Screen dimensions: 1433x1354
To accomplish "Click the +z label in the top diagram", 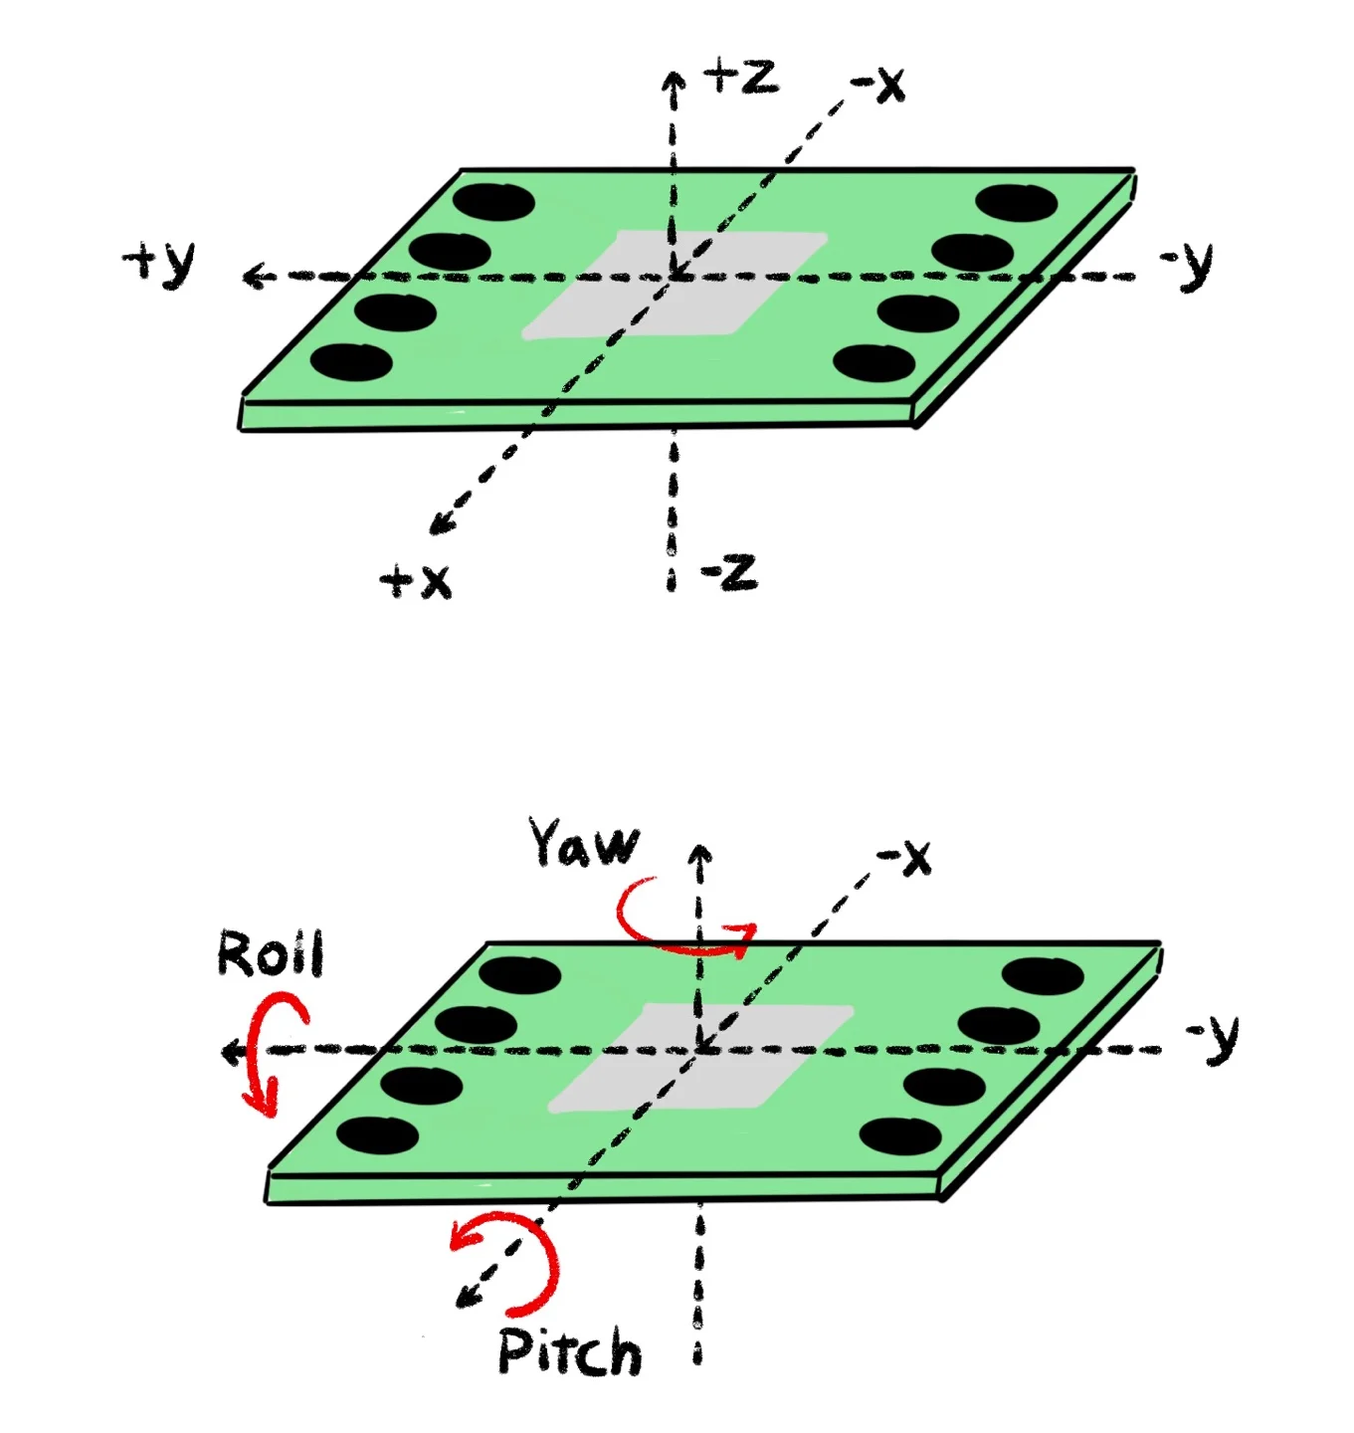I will pos(740,76).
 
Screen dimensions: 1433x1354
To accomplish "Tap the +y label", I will pos(160,263).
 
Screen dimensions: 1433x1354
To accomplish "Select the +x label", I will pos(416,580).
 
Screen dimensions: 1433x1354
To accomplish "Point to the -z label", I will pos(729,572).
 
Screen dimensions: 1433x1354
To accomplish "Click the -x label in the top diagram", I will pos(878,84).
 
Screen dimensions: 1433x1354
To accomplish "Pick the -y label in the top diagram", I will pos(1188,264).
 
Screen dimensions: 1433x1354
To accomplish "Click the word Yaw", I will pos(584,844).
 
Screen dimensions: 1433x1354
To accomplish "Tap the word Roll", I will pos(271,953).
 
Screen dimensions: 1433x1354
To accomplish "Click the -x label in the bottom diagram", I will pos(904,857).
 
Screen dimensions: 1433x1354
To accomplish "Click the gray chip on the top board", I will pos(675,284).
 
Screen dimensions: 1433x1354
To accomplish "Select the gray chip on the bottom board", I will pos(700,1057).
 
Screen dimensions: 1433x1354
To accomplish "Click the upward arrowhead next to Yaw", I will pos(700,855).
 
